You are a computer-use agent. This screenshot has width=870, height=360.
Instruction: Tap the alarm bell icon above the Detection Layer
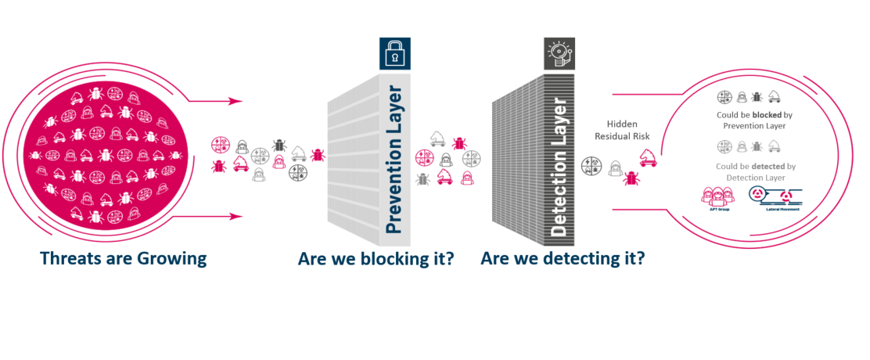click(x=559, y=53)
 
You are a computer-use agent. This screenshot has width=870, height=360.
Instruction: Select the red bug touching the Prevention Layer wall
click(x=318, y=154)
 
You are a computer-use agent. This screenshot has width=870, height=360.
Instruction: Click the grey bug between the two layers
click(x=423, y=178)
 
